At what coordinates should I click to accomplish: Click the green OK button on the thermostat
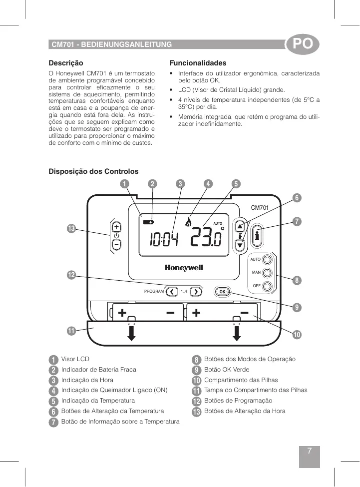[x=222, y=291]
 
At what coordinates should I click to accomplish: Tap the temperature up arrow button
[x=241, y=226]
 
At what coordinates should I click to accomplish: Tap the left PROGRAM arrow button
[x=172, y=291]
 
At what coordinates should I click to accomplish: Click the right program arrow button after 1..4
[x=195, y=291]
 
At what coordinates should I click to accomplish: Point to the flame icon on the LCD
[x=188, y=220]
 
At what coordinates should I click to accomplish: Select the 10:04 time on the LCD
[x=164, y=240]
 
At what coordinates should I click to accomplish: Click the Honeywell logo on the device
[x=184, y=268]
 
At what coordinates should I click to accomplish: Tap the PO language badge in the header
[x=302, y=44]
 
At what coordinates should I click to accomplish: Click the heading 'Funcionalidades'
[x=198, y=63]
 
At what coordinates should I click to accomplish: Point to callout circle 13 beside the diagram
[x=71, y=228]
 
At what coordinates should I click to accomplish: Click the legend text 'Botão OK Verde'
[x=227, y=370]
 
